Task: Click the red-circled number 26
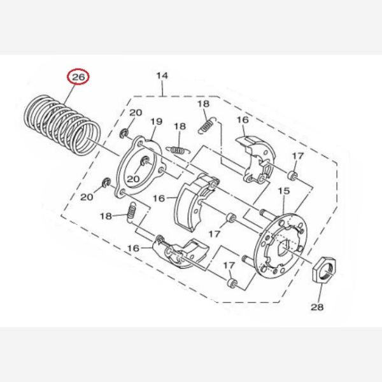tap(78, 77)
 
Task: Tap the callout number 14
tap(162, 76)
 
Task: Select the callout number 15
tap(284, 191)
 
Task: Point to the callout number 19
tap(156, 121)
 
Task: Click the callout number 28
tap(317, 307)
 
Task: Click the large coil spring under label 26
tap(63, 125)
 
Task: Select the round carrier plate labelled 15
tap(280, 245)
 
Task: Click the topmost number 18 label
tap(204, 104)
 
